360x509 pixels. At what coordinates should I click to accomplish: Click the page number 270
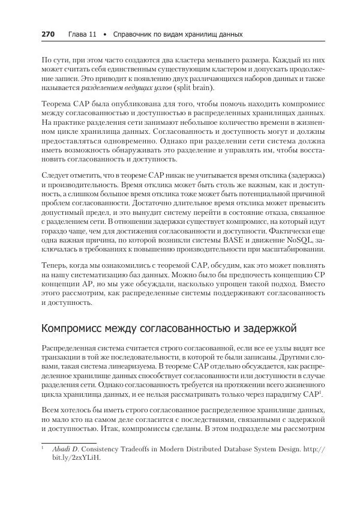point(48,34)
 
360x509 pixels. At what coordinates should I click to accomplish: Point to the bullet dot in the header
point(105,34)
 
